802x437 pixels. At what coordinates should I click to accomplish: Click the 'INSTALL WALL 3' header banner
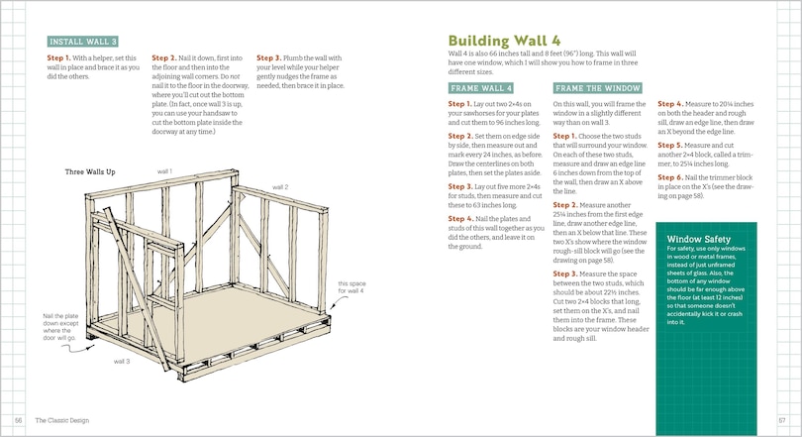point(83,42)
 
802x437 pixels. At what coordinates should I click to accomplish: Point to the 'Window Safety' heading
point(700,239)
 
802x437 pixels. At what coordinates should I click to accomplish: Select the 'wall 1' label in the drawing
point(164,171)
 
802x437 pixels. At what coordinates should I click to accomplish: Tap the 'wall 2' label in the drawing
point(280,186)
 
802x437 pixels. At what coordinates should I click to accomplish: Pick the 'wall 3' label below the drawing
point(121,362)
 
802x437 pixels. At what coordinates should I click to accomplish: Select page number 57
point(781,420)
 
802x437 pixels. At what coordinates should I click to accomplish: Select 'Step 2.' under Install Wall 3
point(166,57)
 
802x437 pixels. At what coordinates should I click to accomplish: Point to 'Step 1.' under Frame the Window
point(567,135)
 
